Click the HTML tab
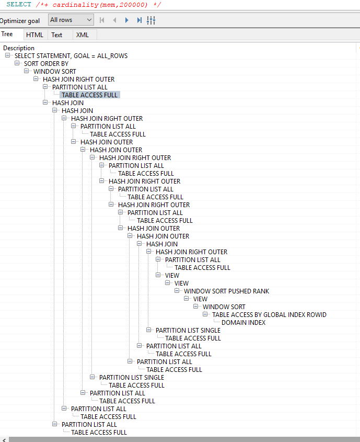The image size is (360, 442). pyautogui.click(x=35, y=35)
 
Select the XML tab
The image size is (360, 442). pyautogui.click(x=83, y=35)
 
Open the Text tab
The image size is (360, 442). pyautogui.click(x=56, y=35)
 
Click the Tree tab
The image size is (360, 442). pyautogui.click(x=7, y=35)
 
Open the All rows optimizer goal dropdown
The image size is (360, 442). pyautogui.click(x=71, y=20)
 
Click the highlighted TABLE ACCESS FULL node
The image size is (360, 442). pyautogui.click(x=89, y=95)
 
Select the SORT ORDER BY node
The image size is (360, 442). pyautogui.click(x=46, y=64)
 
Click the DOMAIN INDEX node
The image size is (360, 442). pyautogui.click(x=243, y=323)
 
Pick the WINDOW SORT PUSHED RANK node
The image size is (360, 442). pyautogui.click(x=226, y=291)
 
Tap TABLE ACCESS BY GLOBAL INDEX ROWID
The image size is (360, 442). pyautogui.click(x=269, y=315)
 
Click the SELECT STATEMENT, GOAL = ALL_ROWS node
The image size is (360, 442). pyautogui.click(x=71, y=56)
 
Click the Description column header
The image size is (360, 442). pyautogui.click(x=19, y=48)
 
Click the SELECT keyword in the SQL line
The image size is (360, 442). pyautogui.click(x=19, y=4)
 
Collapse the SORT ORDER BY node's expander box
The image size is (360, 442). pyautogui.click(x=17, y=64)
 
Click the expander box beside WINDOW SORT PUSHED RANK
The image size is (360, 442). pyautogui.click(x=177, y=291)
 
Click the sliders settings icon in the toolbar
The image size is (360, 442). pyautogui.click(x=152, y=20)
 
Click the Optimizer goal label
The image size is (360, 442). pyautogui.click(x=20, y=21)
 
